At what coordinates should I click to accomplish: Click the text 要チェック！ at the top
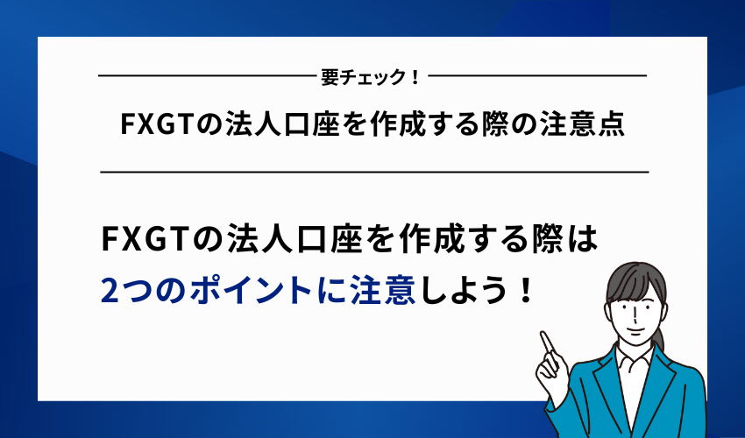pos(372,77)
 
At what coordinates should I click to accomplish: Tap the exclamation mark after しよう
pos(525,289)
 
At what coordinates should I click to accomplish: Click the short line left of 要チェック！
pos(207,77)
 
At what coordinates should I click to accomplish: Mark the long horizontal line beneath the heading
pos(374,173)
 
